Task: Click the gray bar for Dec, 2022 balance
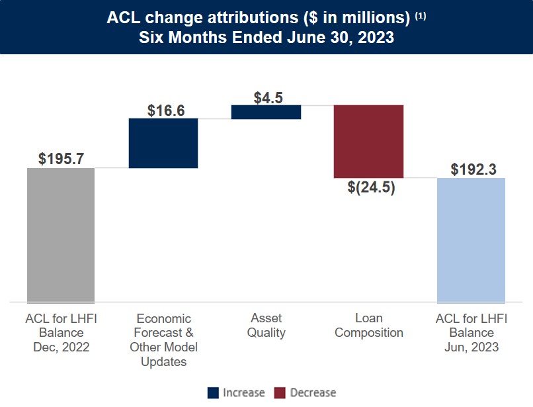[x=61, y=235]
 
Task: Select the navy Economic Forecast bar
[x=163, y=143]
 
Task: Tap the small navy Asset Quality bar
[x=266, y=112]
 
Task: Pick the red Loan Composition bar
[x=368, y=141]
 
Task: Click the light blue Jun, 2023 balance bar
[x=471, y=240]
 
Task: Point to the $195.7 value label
[x=61, y=159]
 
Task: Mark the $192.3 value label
[x=473, y=169]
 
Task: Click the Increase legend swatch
[x=213, y=392]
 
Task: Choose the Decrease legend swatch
[x=280, y=392]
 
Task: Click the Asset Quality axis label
[x=266, y=325]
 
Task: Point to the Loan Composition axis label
[x=368, y=325]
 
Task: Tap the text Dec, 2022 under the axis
[x=61, y=347]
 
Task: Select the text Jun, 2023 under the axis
[x=471, y=347]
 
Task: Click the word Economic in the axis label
[x=163, y=318]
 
